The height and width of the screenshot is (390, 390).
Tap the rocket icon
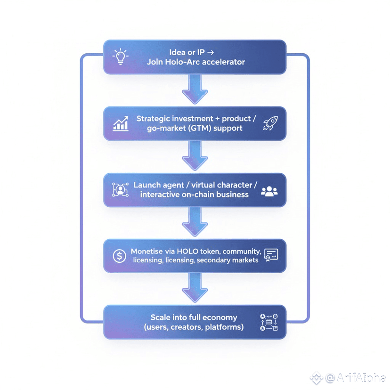pos(270,123)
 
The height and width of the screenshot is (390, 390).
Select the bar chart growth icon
pos(121,124)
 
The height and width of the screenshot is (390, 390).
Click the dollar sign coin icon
pos(120,256)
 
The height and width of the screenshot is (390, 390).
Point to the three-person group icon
pos(269,191)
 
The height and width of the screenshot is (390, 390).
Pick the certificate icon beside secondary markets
pos(271,255)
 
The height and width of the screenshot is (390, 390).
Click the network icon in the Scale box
pos(269,322)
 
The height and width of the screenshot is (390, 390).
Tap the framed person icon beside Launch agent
pos(121,190)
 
